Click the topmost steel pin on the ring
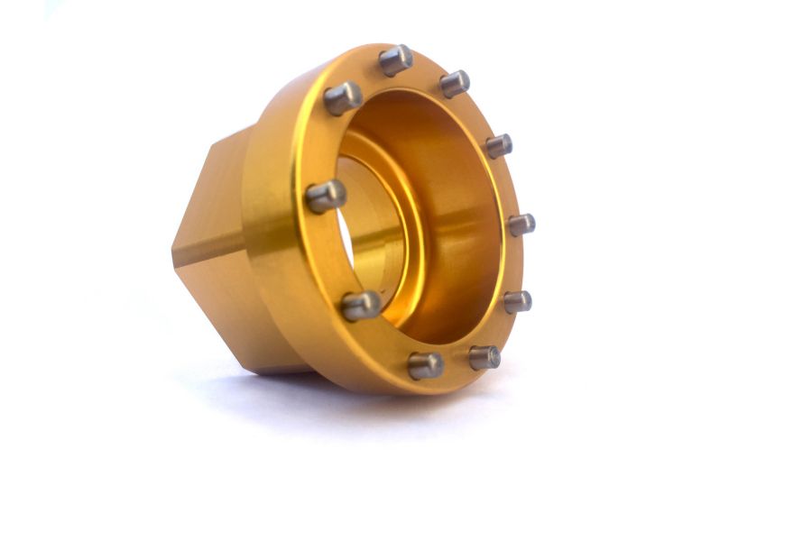(x=395, y=60)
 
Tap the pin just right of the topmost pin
(x=455, y=84)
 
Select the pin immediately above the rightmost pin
(x=499, y=145)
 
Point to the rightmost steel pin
(x=521, y=225)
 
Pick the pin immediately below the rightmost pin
(x=517, y=301)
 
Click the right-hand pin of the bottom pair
(x=484, y=357)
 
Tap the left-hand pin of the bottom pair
(x=425, y=365)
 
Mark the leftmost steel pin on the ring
(x=326, y=196)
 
